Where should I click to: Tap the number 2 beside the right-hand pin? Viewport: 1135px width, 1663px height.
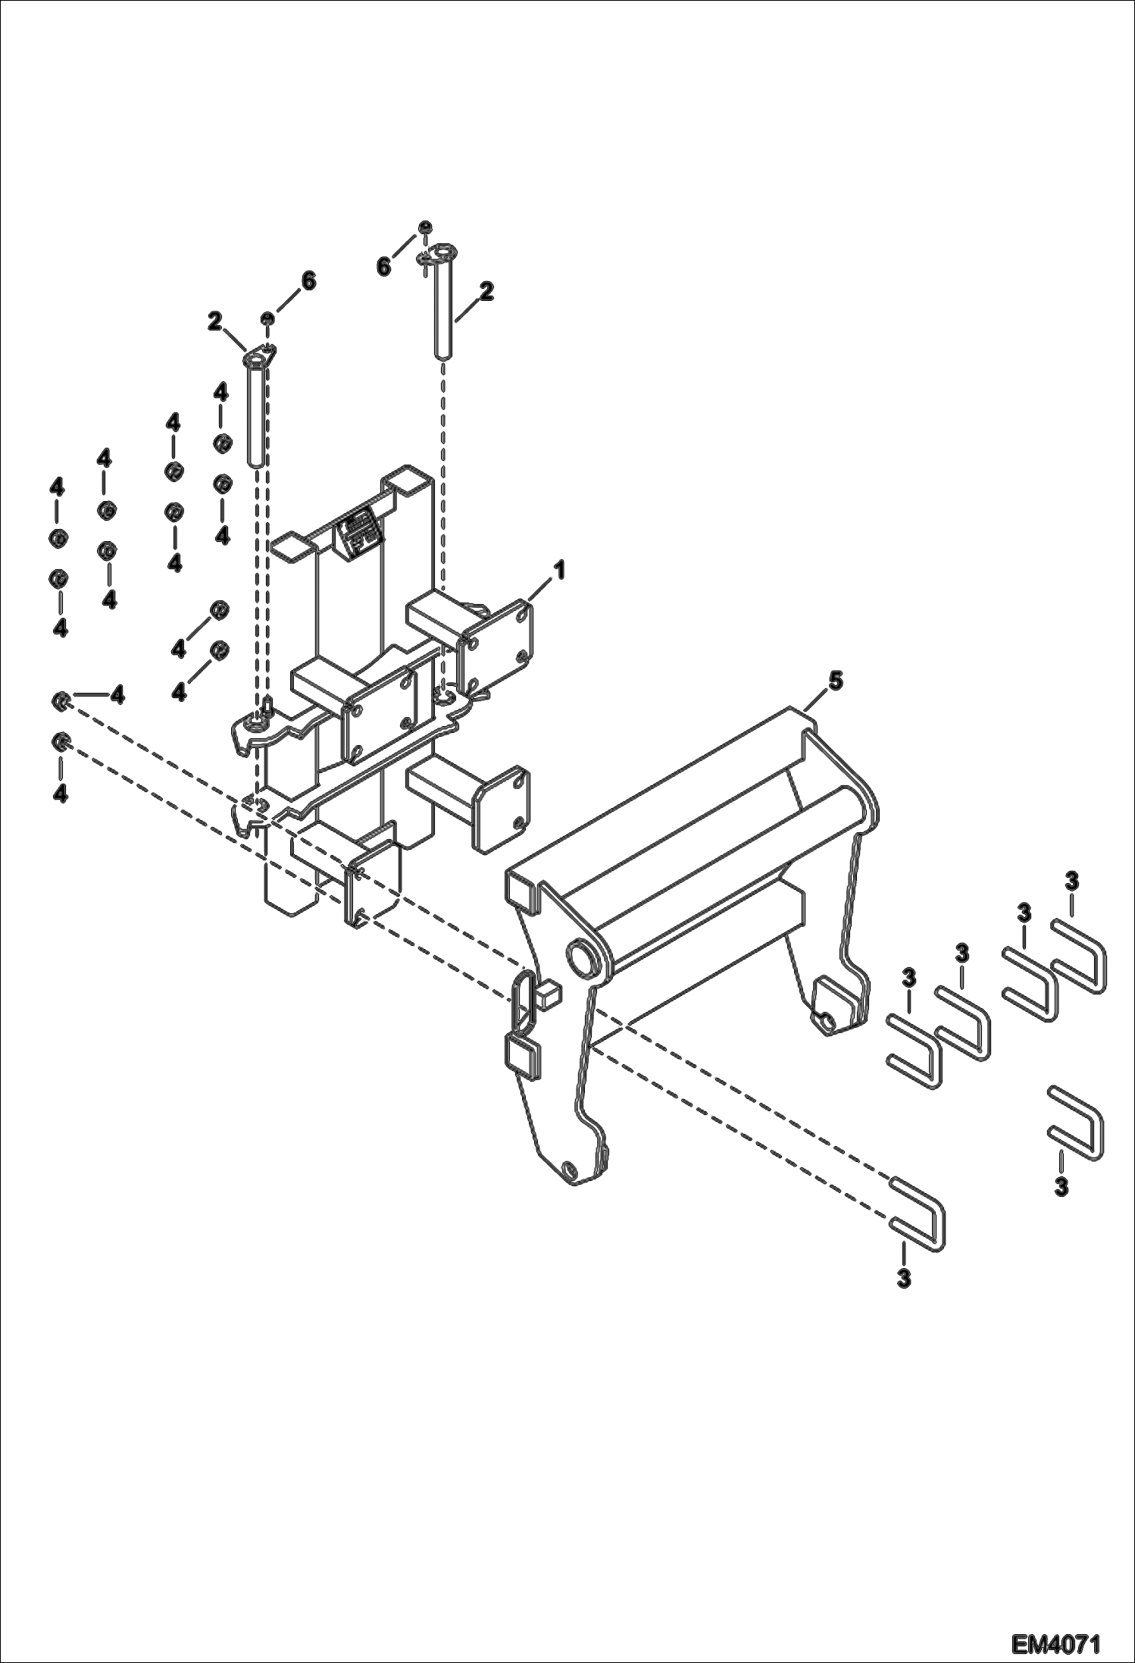point(486,291)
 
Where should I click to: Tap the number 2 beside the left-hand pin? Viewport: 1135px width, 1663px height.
point(215,322)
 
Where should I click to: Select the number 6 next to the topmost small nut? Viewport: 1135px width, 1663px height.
point(384,266)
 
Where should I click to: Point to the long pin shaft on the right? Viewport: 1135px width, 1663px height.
point(443,307)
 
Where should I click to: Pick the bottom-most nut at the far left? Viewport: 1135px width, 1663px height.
point(58,741)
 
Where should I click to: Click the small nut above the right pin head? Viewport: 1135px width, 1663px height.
point(427,226)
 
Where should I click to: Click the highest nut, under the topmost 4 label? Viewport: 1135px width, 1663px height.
point(221,442)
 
